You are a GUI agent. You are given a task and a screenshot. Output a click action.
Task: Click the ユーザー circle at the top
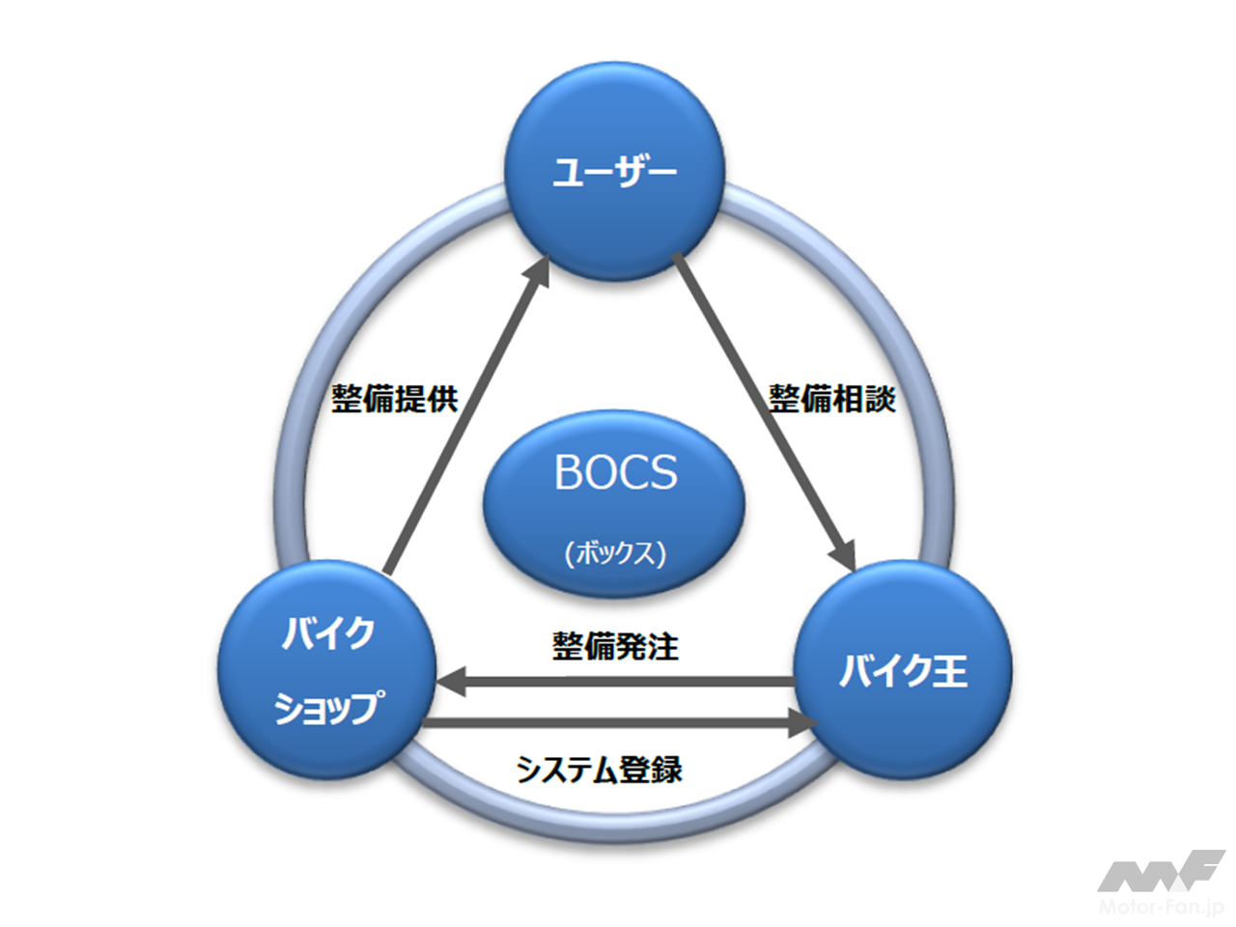615,174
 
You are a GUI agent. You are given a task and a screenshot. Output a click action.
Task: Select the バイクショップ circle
327,670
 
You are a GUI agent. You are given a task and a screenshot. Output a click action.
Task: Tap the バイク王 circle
902,670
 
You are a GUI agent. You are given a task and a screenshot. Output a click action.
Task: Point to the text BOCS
615,472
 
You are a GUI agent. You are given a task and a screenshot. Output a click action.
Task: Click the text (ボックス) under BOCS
615,553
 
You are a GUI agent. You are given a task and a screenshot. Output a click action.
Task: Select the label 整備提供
394,398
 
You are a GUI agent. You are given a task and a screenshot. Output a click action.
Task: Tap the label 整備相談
831,398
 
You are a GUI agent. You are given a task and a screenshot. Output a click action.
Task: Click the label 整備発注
615,646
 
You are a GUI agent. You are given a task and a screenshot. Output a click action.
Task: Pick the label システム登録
599,770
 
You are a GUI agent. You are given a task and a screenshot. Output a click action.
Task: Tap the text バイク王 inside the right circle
903,670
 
